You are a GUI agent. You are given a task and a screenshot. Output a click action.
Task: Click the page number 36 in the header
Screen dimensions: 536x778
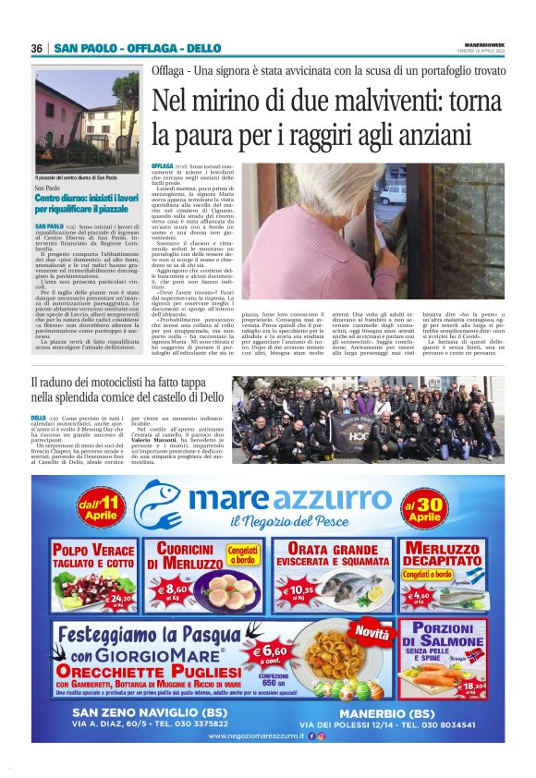pos(36,48)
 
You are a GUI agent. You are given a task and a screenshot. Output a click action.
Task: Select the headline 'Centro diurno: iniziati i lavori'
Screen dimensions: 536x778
pos(88,199)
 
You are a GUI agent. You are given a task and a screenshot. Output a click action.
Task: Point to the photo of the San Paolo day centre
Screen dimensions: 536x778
pos(88,120)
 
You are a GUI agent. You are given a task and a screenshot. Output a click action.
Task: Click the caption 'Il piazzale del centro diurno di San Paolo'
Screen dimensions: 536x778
pos(77,177)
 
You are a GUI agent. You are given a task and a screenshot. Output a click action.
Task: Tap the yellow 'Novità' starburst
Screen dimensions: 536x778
pos(372,634)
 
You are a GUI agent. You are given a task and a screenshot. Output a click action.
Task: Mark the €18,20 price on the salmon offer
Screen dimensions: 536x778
pos(471,685)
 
